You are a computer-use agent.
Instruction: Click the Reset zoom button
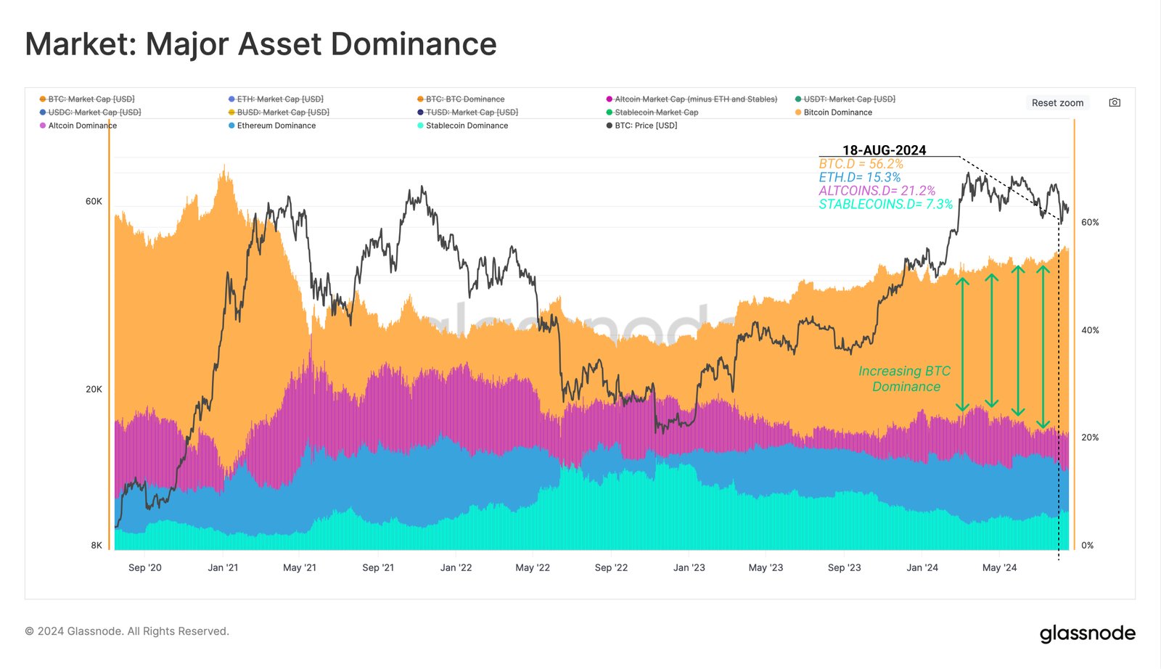(1057, 103)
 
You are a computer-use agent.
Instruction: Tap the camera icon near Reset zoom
(1115, 103)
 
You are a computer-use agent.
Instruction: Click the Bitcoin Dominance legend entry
(837, 112)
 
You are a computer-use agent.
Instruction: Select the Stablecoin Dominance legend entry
(467, 126)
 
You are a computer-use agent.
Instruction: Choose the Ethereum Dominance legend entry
(276, 126)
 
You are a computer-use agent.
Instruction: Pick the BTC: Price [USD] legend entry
(646, 126)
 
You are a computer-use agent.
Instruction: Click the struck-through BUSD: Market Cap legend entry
(282, 112)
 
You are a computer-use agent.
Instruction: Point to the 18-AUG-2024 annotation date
(884, 150)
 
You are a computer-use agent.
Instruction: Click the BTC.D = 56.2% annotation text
(861, 164)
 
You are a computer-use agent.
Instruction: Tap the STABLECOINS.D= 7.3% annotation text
(885, 205)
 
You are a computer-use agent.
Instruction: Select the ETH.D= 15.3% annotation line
(859, 178)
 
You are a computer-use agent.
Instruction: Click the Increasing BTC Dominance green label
(905, 379)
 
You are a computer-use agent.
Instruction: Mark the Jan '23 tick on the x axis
(689, 567)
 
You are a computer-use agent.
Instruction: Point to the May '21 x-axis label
(300, 567)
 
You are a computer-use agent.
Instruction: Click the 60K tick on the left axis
(94, 201)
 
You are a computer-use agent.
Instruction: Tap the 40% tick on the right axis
(1090, 330)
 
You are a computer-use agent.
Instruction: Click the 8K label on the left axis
(97, 546)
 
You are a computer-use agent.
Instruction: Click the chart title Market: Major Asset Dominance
(260, 44)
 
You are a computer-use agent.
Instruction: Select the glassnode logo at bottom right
(1087, 633)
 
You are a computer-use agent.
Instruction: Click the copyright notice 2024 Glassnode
(127, 631)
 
